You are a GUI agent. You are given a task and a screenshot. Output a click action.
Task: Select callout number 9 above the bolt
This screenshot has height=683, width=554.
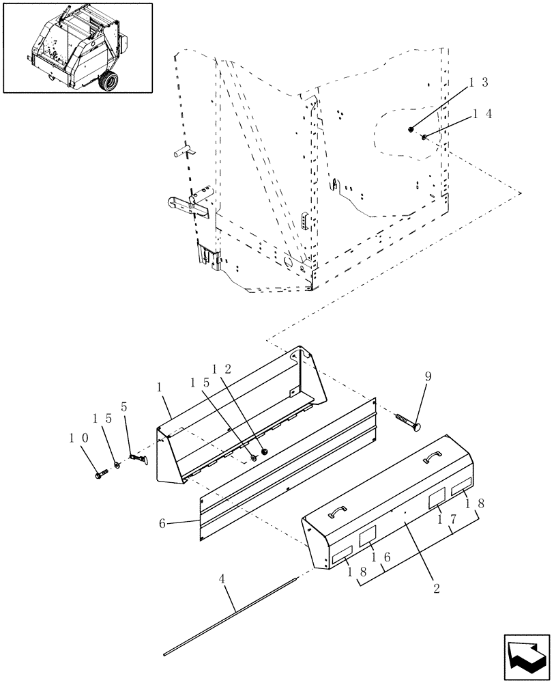coord(427,376)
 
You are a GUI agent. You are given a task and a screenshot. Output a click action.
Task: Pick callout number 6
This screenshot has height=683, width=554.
coord(162,522)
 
